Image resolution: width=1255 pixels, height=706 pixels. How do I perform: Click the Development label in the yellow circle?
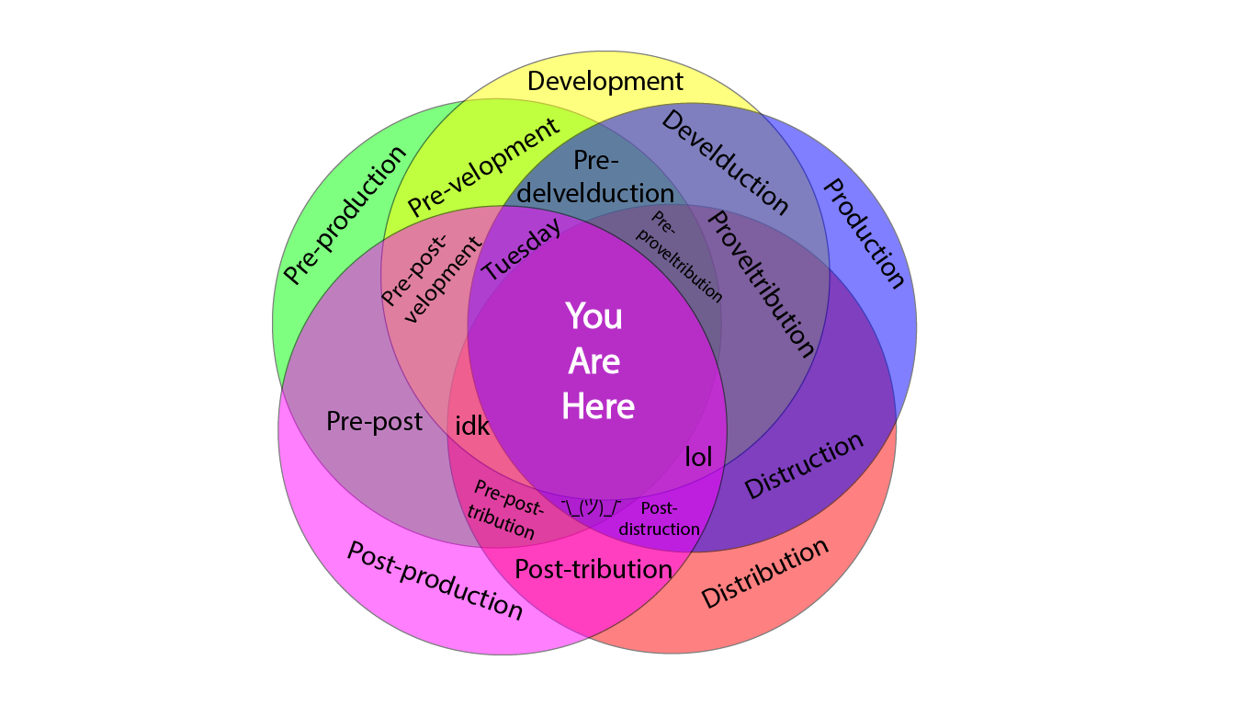click(x=605, y=82)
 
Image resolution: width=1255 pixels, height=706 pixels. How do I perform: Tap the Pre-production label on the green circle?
click(x=344, y=215)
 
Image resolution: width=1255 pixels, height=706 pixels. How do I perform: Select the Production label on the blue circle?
click(x=863, y=233)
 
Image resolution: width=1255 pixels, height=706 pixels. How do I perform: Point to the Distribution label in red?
click(x=764, y=574)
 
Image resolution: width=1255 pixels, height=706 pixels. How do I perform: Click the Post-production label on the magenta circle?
click(x=435, y=580)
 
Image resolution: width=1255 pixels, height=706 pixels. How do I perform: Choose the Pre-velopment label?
click(x=483, y=167)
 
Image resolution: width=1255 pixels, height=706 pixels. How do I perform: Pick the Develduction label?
click(x=725, y=163)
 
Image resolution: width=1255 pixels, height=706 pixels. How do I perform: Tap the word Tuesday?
click(x=522, y=251)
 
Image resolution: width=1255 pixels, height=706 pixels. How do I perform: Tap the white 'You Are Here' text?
click(x=597, y=361)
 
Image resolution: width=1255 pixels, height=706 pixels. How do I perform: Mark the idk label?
click(x=472, y=427)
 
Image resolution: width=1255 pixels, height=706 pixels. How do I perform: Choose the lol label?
click(x=698, y=457)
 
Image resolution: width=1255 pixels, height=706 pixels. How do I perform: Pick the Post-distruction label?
click(x=660, y=518)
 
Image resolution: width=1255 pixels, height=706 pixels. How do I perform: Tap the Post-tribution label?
click(x=593, y=570)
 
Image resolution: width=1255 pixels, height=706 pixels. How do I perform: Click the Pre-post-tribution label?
click(x=503, y=508)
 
